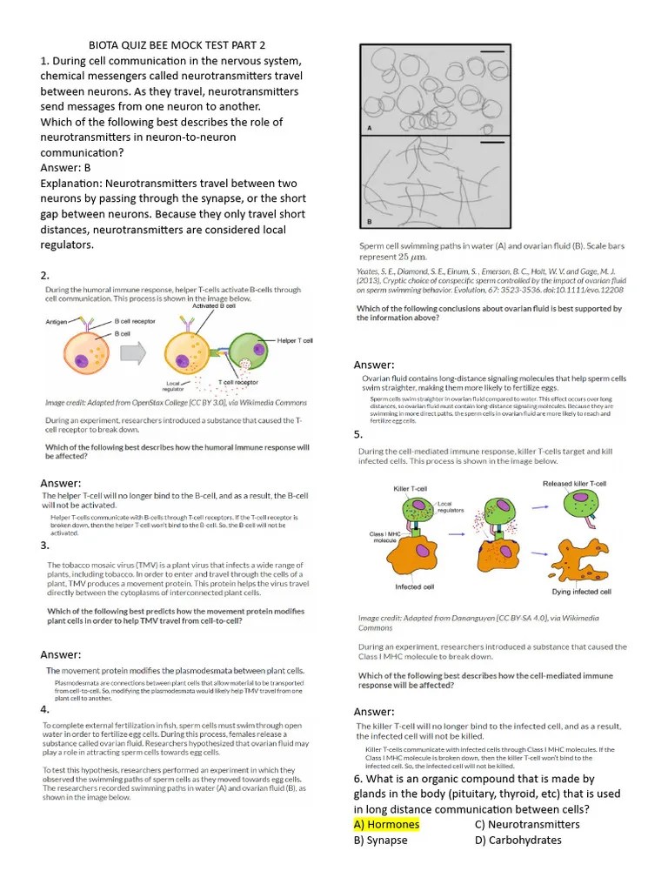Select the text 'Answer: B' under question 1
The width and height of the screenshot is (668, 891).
65,168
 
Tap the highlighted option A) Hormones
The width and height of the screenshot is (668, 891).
386,824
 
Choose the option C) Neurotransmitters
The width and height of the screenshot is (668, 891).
527,824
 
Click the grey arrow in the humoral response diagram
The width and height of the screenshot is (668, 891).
135,353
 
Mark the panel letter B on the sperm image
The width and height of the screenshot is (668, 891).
369,221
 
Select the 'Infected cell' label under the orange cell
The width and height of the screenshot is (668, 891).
415,586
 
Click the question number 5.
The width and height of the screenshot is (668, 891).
357,433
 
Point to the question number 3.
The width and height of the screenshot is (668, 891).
44,546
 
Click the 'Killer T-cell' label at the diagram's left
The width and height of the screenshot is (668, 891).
411,488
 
